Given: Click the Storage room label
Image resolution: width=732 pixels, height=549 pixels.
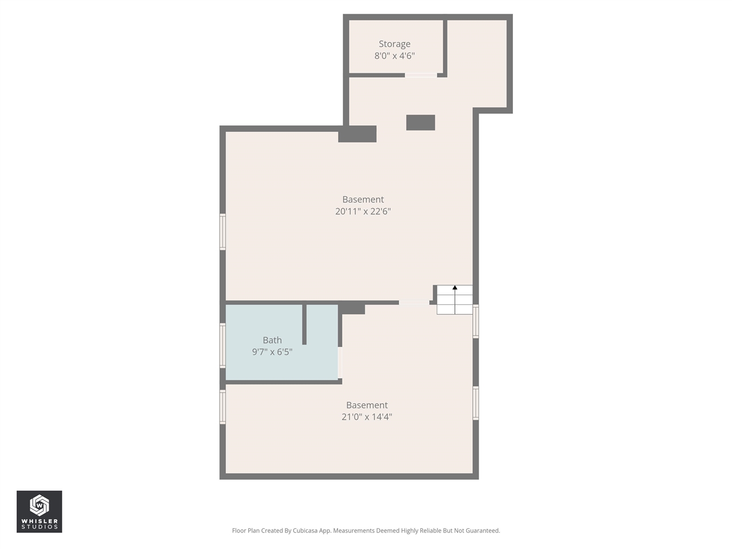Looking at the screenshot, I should [394, 44].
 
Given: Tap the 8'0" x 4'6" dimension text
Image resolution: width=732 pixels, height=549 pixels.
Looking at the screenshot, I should [394, 56].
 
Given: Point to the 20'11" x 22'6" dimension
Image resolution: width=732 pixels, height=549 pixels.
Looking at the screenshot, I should [363, 212].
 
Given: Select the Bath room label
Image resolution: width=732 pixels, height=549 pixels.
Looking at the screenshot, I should [272, 340].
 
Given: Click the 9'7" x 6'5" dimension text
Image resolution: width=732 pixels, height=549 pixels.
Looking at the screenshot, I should [272, 352].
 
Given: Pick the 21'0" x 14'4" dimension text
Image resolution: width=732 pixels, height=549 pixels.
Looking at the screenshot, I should [367, 417].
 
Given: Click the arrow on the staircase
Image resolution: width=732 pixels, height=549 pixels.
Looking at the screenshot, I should [455, 288].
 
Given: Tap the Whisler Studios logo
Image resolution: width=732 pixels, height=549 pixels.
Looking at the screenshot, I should [39, 511].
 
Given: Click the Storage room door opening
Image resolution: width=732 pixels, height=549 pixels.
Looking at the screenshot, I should [421, 75].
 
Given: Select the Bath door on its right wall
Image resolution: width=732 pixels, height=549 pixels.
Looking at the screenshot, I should [340, 363].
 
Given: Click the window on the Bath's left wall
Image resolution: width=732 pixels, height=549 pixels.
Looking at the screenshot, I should [223, 345].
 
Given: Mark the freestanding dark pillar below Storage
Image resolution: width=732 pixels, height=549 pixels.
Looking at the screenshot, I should [420, 122].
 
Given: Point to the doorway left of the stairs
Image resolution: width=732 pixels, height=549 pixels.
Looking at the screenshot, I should [414, 302].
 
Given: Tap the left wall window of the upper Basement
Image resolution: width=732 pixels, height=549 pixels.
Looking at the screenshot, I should [223, 232].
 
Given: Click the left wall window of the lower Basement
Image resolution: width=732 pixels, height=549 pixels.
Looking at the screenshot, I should [223, 407].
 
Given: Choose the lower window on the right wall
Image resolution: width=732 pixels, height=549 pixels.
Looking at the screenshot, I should [476, 403].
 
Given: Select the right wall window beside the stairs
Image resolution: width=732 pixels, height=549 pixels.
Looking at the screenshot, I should [476, 321].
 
